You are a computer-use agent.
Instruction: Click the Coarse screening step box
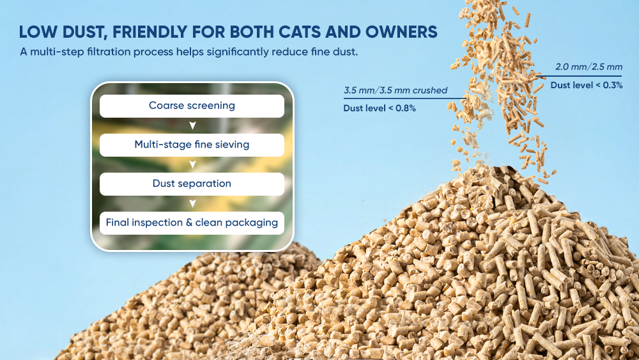click(x=192, y=106)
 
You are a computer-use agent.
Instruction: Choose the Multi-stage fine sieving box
click(x=192, y=145)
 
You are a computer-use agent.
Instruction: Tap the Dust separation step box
click(x=192, y=184)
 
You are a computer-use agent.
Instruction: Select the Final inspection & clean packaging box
click(x=192, y=223)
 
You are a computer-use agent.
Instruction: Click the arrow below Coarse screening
click(x=192, y=125)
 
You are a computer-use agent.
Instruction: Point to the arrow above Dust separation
click(x=192, y=165)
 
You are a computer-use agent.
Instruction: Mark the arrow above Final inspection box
click(x=192, y=203)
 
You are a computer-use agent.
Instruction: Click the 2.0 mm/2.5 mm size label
click(x=589, y=67)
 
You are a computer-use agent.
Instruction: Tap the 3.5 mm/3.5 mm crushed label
click(x=396, y=90)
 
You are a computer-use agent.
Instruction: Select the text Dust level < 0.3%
click(x=587, y=85)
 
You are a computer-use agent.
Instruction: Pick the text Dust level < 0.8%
click(x=380, y=108)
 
